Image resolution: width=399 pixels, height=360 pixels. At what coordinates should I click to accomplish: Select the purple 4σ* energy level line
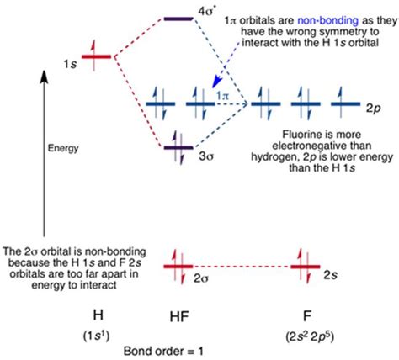[178, 19]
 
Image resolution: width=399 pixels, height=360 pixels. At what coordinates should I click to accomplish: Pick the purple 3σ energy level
[178, 149]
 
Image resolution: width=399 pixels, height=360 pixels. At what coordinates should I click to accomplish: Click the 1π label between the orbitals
[223, 96]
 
